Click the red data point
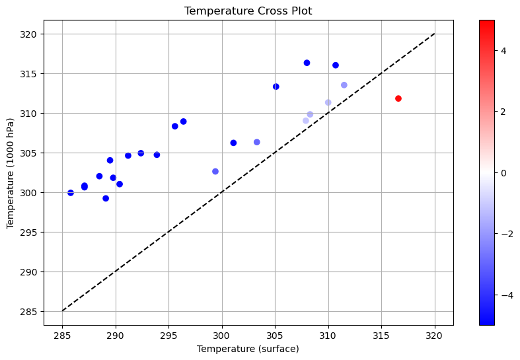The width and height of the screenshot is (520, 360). click(398, 98)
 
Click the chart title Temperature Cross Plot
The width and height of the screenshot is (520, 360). click(248, 11)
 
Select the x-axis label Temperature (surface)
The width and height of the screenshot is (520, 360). click(248, 349)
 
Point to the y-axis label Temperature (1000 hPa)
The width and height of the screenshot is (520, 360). click(11, 172)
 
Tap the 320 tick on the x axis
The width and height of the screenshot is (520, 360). click(435, 336)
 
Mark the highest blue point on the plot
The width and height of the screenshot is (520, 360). click(307, 63)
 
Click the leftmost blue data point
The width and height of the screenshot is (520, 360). click(71, 193)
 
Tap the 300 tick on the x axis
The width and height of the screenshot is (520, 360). click(222, 336)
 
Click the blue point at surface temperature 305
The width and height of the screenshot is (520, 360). click(276, 87)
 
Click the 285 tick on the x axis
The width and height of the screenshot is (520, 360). click(62, 336)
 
